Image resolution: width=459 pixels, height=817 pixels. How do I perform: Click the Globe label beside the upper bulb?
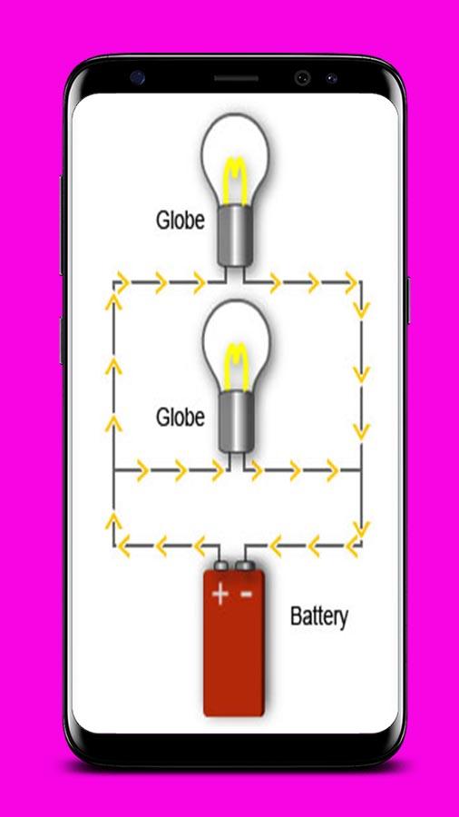tap(180, 221)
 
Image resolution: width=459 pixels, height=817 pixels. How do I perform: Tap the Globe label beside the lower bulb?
tap(180, 417)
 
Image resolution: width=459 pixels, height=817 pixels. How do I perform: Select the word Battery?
tap(318, 617)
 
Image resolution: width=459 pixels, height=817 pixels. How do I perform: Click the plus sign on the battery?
tap(220, 594)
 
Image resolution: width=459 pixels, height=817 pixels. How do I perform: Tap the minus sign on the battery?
tap(246, 593)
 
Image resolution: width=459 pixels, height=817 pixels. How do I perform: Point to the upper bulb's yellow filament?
tap(235, 181)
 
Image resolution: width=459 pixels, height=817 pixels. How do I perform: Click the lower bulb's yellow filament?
tap(236, 367)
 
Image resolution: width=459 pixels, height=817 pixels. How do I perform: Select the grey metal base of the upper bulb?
tap(235, 235)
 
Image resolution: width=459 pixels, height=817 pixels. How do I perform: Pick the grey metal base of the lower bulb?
tap(236, 422)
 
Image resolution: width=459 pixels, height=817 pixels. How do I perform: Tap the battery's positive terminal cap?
tap(220, 566)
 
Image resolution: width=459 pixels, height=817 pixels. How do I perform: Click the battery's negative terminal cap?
tap(245, 566)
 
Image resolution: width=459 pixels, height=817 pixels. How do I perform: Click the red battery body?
tap(234, 643)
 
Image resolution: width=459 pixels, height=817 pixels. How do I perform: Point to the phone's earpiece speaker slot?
tap(236, 79)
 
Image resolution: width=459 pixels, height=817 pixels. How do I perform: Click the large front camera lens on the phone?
tap(302, 78)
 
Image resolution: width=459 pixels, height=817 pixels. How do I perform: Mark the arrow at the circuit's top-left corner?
tap(122, 282)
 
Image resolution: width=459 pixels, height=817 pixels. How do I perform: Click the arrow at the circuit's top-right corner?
tap(351, 283)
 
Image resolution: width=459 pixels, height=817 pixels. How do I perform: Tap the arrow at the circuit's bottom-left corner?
tap(123, 546)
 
